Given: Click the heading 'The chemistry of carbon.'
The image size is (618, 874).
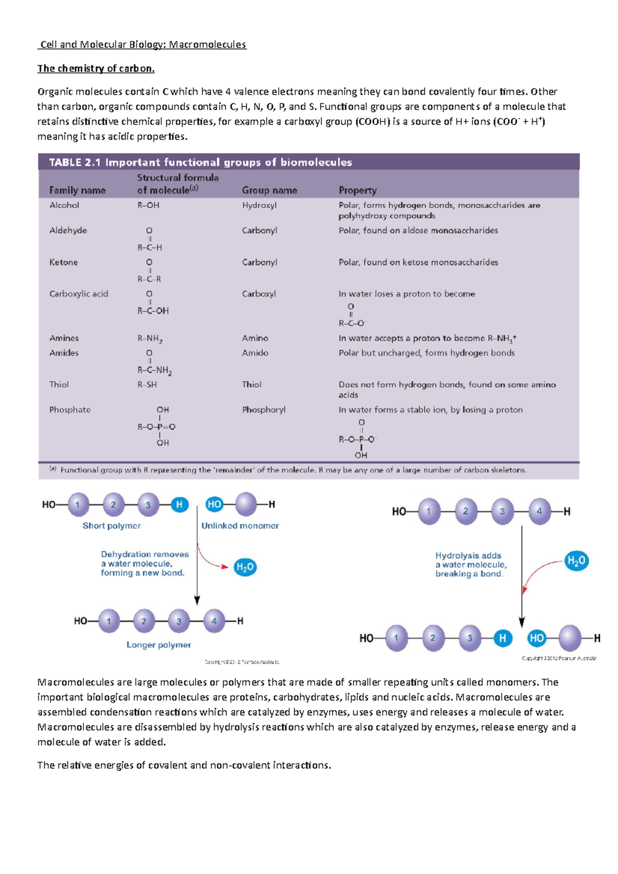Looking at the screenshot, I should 96,68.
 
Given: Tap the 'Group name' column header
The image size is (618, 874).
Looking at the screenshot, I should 269,190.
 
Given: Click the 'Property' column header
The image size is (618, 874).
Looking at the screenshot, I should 357,190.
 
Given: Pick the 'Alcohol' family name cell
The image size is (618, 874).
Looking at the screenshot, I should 64,205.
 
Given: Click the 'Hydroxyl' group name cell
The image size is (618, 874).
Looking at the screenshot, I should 259,205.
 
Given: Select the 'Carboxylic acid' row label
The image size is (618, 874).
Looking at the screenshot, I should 79,294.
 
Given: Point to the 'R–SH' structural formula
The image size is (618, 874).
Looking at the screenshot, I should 147,384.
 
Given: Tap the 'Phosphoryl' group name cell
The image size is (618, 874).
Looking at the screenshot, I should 264,410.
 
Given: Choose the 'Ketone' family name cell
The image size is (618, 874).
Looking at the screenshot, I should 63,263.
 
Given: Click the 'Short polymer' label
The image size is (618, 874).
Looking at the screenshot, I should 112,526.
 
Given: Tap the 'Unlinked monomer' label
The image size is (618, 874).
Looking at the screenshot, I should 240,526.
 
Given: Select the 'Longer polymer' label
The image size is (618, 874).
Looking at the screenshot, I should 159,645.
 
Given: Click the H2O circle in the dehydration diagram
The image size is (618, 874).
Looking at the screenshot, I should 245,567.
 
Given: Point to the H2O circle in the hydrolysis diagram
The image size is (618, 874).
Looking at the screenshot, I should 576,561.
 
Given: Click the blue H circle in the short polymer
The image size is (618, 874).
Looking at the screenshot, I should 179,505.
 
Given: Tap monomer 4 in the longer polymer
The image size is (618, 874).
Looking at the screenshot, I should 214,621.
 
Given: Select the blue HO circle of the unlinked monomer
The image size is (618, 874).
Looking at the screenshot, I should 214,505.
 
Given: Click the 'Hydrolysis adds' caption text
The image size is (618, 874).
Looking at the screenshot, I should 468,556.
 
